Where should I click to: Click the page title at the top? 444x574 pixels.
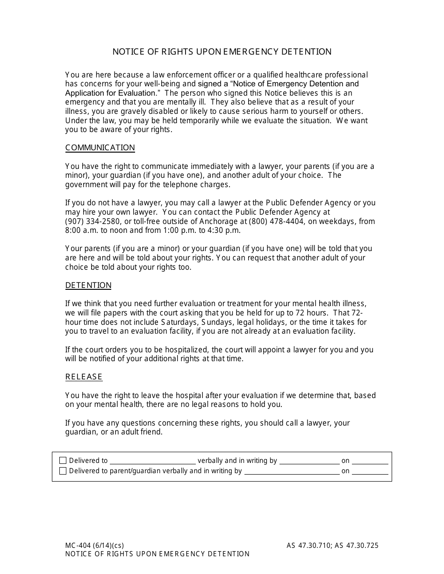point(222,52)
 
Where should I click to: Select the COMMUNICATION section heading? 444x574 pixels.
point(100,148)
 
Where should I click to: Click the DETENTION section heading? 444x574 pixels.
point(88,286)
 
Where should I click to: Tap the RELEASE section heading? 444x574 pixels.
point(84,377)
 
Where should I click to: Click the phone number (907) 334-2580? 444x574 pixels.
point(91,221)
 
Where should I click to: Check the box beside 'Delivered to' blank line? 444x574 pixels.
point(63,461)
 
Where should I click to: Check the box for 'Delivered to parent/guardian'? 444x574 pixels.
point(63,471)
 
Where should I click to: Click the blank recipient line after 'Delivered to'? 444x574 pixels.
point(152,461)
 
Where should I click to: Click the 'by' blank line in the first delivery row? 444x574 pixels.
point(309,461)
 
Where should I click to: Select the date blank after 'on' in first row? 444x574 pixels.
point(370,461)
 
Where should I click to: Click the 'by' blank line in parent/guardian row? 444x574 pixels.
point(292,471)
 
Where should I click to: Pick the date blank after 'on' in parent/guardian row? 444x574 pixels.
point(370,471)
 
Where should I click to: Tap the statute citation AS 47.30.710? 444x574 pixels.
point(308,545)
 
